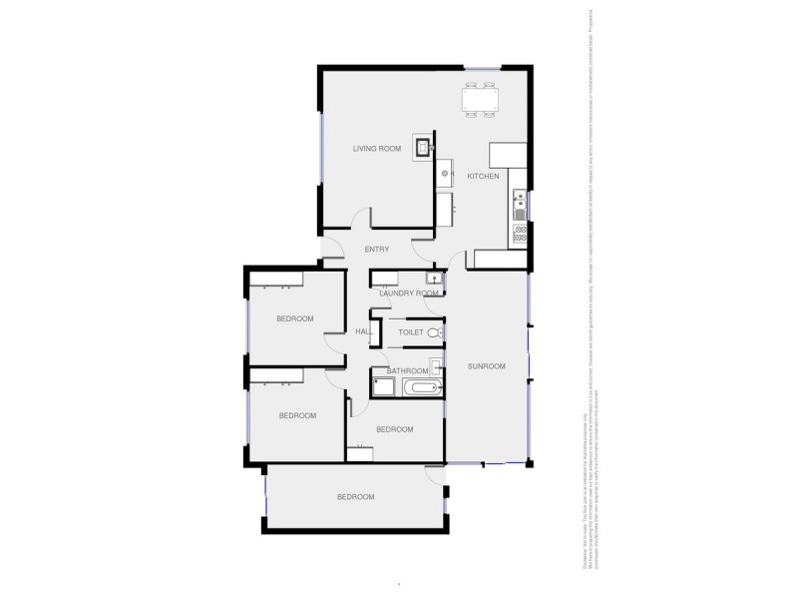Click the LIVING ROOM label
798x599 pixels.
pyautogui.click(x=377, y=149)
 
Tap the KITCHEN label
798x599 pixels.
pyautogui.click(x=484, y=177)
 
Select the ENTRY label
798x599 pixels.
pyautogui.click(x=377, y=249)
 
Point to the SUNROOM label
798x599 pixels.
pyautogui.click(x=486, y=366)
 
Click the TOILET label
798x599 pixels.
pyautogui.click(x=411, y=331)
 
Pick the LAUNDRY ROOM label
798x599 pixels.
pyautogui.click(x=409, y=294)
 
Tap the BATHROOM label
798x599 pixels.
pyautogui.click(x=407, y=370)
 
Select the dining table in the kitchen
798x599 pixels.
pyautogui.click(x=481, y=101)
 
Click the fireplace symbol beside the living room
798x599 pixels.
pyautogui.click(x=424, y=149)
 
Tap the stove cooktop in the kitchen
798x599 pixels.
pyautogui.click(x=520, y=235)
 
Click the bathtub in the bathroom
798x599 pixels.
pyautogui.click(x=415, y=386)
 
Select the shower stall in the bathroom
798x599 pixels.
pyautogui.click(x=381, y=385)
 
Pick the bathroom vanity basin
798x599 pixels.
pyautogui.click(x=436, y=366)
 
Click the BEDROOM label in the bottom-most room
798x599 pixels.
pyautogui.click(x=355, y=497)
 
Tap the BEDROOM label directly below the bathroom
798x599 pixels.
pyautogui.click(x=395, y=429)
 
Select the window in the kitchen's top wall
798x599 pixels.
pyautogui.click(x=483, y=68)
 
